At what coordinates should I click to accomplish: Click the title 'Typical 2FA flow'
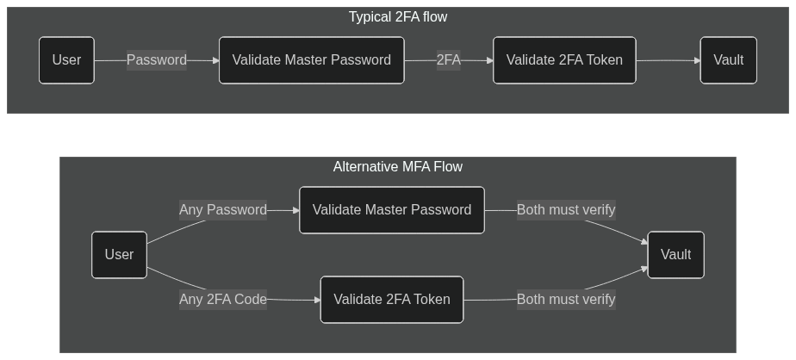(x=397, y=16)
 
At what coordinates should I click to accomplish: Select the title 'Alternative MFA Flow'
(x=397, y=166)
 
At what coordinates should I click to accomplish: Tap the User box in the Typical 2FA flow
(x=66, y=60)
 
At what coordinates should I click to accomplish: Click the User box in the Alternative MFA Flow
(x=119, y=255)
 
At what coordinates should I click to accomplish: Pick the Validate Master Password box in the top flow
(x=311, y=60)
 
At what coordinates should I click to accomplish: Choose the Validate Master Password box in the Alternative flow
(x=392, y=210)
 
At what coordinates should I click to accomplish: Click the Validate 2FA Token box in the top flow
(x=564, y=60)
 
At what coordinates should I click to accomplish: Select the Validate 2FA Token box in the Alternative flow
(x=392, y=300)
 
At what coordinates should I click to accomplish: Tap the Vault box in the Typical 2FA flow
(x=728, y=60)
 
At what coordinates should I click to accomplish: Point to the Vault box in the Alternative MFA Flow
(x=675, y=255)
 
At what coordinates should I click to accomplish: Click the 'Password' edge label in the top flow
(x=156, y=60)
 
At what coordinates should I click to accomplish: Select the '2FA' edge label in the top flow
(x=448, y=60)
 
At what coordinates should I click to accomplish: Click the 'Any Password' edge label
(x=222, y=210)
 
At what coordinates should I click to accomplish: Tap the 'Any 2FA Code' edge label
(x=222, y=300)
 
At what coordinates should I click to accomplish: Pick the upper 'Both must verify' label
(x=566, y=210)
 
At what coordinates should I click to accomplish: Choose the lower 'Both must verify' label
(x=566, y=300)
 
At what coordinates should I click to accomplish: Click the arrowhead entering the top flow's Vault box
(x=696, y=60)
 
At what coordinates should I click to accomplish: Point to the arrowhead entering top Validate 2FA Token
(x=489, y=60)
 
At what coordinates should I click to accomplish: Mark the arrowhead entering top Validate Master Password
(x=215, y=60)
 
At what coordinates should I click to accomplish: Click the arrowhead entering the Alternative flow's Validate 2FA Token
(x=316, y=301)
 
